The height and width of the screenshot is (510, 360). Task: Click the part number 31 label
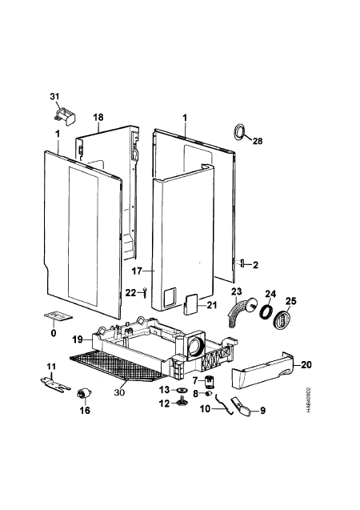click(54, 96)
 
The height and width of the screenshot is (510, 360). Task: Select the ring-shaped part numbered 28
click(240, 132)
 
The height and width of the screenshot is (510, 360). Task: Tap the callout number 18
click(98, 117)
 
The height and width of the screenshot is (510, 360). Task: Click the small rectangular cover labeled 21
click(190, 303)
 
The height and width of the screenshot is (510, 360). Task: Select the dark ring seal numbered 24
click(266, 311)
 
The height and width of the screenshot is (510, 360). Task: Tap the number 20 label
click(306, 364)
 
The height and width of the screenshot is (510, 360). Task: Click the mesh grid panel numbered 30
click(118, 367)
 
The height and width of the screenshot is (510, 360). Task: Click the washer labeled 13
click(183, 389)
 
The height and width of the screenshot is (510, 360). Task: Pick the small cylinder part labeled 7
click(209, 381)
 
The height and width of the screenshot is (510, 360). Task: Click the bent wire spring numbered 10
click(224, 404)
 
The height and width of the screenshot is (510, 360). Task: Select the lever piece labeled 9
click(242, 408)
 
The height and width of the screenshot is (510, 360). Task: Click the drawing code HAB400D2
click(308, 400)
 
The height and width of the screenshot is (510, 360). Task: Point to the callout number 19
click(78, 339)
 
